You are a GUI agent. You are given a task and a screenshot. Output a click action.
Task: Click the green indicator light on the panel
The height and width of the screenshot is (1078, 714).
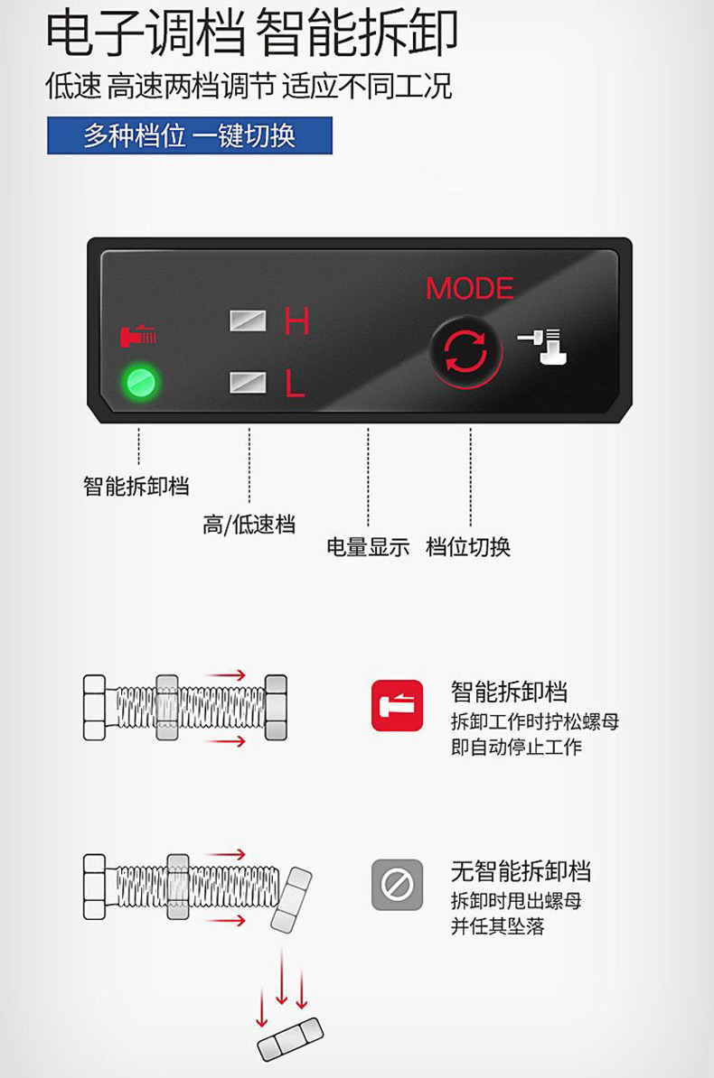click(141, 382)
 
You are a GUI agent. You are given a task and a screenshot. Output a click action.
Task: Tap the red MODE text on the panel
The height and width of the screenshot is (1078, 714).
click(470, 289)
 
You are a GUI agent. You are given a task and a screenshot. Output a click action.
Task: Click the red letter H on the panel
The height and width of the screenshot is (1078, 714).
click(296, 321)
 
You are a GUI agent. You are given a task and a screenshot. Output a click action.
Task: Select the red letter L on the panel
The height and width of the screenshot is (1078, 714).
click(296, 383)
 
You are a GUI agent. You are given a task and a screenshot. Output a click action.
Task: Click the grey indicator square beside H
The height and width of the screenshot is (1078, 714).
click(248, 321)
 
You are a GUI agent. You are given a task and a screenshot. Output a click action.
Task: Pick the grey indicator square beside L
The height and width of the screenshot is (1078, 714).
click(248, 382)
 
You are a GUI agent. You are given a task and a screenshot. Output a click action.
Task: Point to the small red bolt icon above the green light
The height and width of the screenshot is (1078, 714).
click(138, 335)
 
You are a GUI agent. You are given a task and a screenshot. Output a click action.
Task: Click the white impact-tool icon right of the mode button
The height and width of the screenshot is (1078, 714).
click(542, 347)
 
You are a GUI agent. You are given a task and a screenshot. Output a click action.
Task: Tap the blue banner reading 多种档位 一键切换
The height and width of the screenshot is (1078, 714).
click(189, 135)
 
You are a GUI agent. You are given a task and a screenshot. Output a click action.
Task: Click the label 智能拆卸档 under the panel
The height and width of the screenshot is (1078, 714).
click(136, 486)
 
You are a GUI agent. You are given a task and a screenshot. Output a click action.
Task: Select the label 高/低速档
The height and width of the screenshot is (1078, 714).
click(249, 525)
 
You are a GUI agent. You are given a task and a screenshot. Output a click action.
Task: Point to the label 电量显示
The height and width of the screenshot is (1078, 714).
click(368, 547)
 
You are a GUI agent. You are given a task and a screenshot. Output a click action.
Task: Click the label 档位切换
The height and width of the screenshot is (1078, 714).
click(468, 547)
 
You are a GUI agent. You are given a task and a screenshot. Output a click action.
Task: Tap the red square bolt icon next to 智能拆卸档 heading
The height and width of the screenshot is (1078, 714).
click(398, 705)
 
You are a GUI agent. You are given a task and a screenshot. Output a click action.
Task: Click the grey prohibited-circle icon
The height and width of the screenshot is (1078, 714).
click(398, 885)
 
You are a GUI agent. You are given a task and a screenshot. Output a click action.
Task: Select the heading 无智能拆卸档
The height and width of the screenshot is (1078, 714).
click(521, 871)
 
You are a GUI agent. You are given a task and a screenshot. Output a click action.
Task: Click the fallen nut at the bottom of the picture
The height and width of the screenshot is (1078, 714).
click(290, 1039)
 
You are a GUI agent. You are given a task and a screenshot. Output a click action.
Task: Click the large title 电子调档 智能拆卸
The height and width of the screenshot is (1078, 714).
click(252, 33)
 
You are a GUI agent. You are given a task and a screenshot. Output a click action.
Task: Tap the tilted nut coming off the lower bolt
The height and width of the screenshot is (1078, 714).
click(291, 899)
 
